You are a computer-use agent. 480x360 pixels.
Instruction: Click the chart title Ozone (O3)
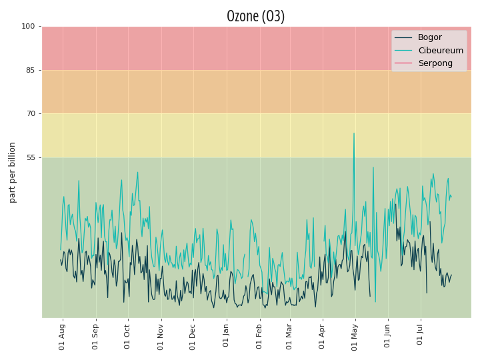click(x=255, y=16)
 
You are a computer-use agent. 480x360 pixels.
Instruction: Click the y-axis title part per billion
click(x=12, y=173)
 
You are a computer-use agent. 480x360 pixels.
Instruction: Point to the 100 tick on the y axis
click(x=28, y=26)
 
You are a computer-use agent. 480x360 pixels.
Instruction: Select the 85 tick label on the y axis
click(x=31, y=71)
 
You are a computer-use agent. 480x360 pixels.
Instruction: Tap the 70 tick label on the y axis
click(x=31, y=113)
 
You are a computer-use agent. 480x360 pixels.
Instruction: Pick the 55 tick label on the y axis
click(x=31, y=157)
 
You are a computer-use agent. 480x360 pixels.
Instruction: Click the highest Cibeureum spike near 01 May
click(x=354, y=133)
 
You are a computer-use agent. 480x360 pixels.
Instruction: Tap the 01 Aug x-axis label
click(x=62, y=337)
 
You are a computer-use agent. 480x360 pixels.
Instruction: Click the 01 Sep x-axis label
click(x=95, y=337)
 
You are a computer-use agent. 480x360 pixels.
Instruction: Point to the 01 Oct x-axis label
click(x=127, y=337)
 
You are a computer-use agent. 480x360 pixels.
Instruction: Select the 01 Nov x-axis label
click(x=160, y=337)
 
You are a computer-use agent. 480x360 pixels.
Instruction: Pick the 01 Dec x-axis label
click(x=192, y=337)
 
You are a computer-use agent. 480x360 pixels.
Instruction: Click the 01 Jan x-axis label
click(x=225, y=335)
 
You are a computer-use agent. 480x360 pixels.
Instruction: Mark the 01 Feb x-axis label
click(x=259, y=336)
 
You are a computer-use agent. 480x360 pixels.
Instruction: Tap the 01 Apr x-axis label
click(x=321, y=336)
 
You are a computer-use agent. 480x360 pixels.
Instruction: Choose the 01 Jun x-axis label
click(x=387, y=335)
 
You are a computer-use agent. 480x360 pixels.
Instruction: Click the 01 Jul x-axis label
click(x=419, y=334)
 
